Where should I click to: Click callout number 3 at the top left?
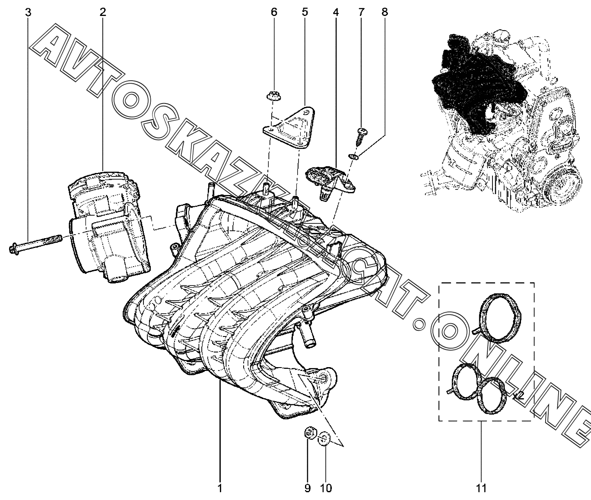click(28, 13)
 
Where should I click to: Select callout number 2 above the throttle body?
click(103, 13)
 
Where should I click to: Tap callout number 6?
click(273, 13)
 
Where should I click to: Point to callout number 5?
click(305, 13)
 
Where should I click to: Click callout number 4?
click(336, 13)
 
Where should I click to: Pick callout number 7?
click(362, 13)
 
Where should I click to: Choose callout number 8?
click(384, 13)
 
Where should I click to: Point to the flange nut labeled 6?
click(273, 96)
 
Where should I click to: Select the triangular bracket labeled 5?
click(289, 127)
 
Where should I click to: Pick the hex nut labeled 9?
click(310, 433)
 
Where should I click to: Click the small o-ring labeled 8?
click(353, 156)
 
